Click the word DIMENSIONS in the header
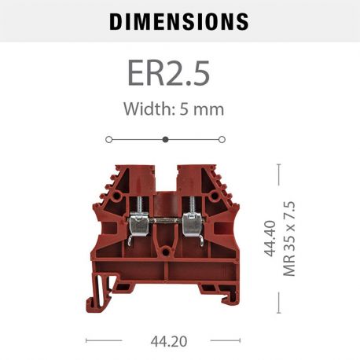point(179,21)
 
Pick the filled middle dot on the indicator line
point(165,139)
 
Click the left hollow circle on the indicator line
point(108,139)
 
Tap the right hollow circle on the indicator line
point(222,139)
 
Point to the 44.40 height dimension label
point(270,241)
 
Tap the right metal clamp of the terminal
point(191,226)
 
